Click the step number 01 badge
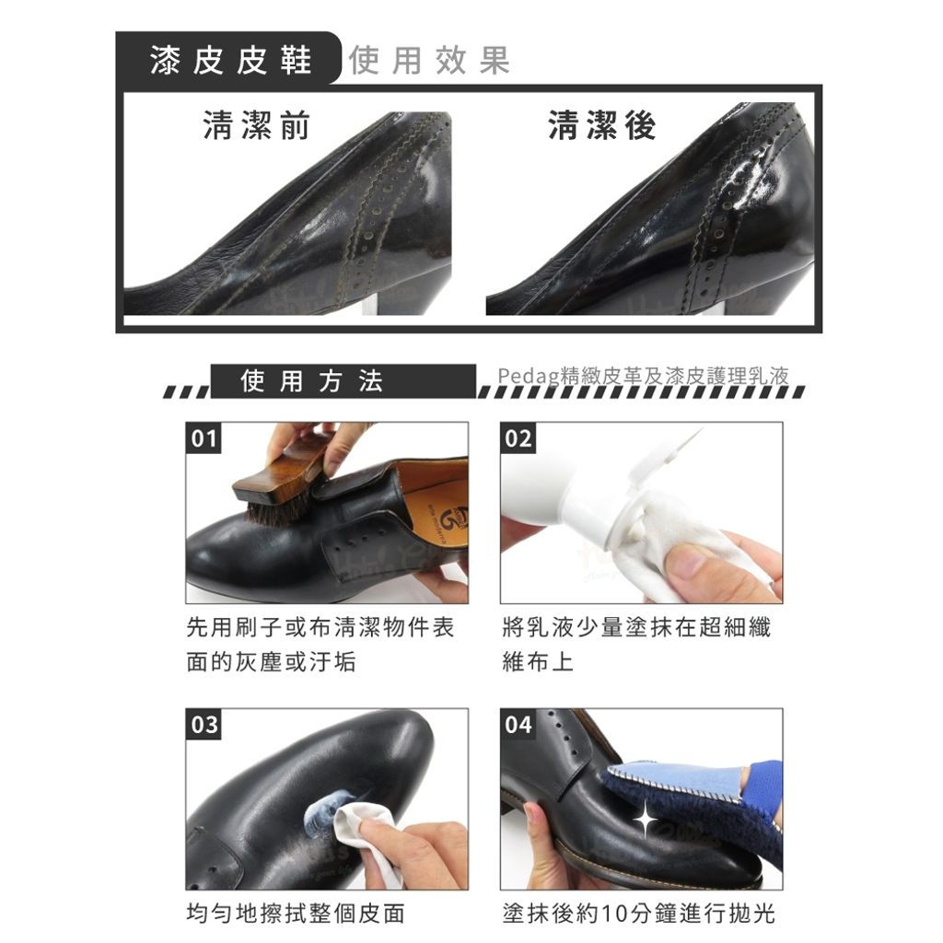point(204,437)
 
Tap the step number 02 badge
point(518,437)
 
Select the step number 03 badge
point(204,724)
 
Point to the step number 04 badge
point(518,724)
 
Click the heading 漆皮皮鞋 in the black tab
point(231,60)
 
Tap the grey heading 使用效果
point(429,60)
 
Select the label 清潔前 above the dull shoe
point(256,125)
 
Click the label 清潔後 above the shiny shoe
point(602,125)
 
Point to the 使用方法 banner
point(343,380)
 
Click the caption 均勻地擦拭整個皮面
point(296,914)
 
